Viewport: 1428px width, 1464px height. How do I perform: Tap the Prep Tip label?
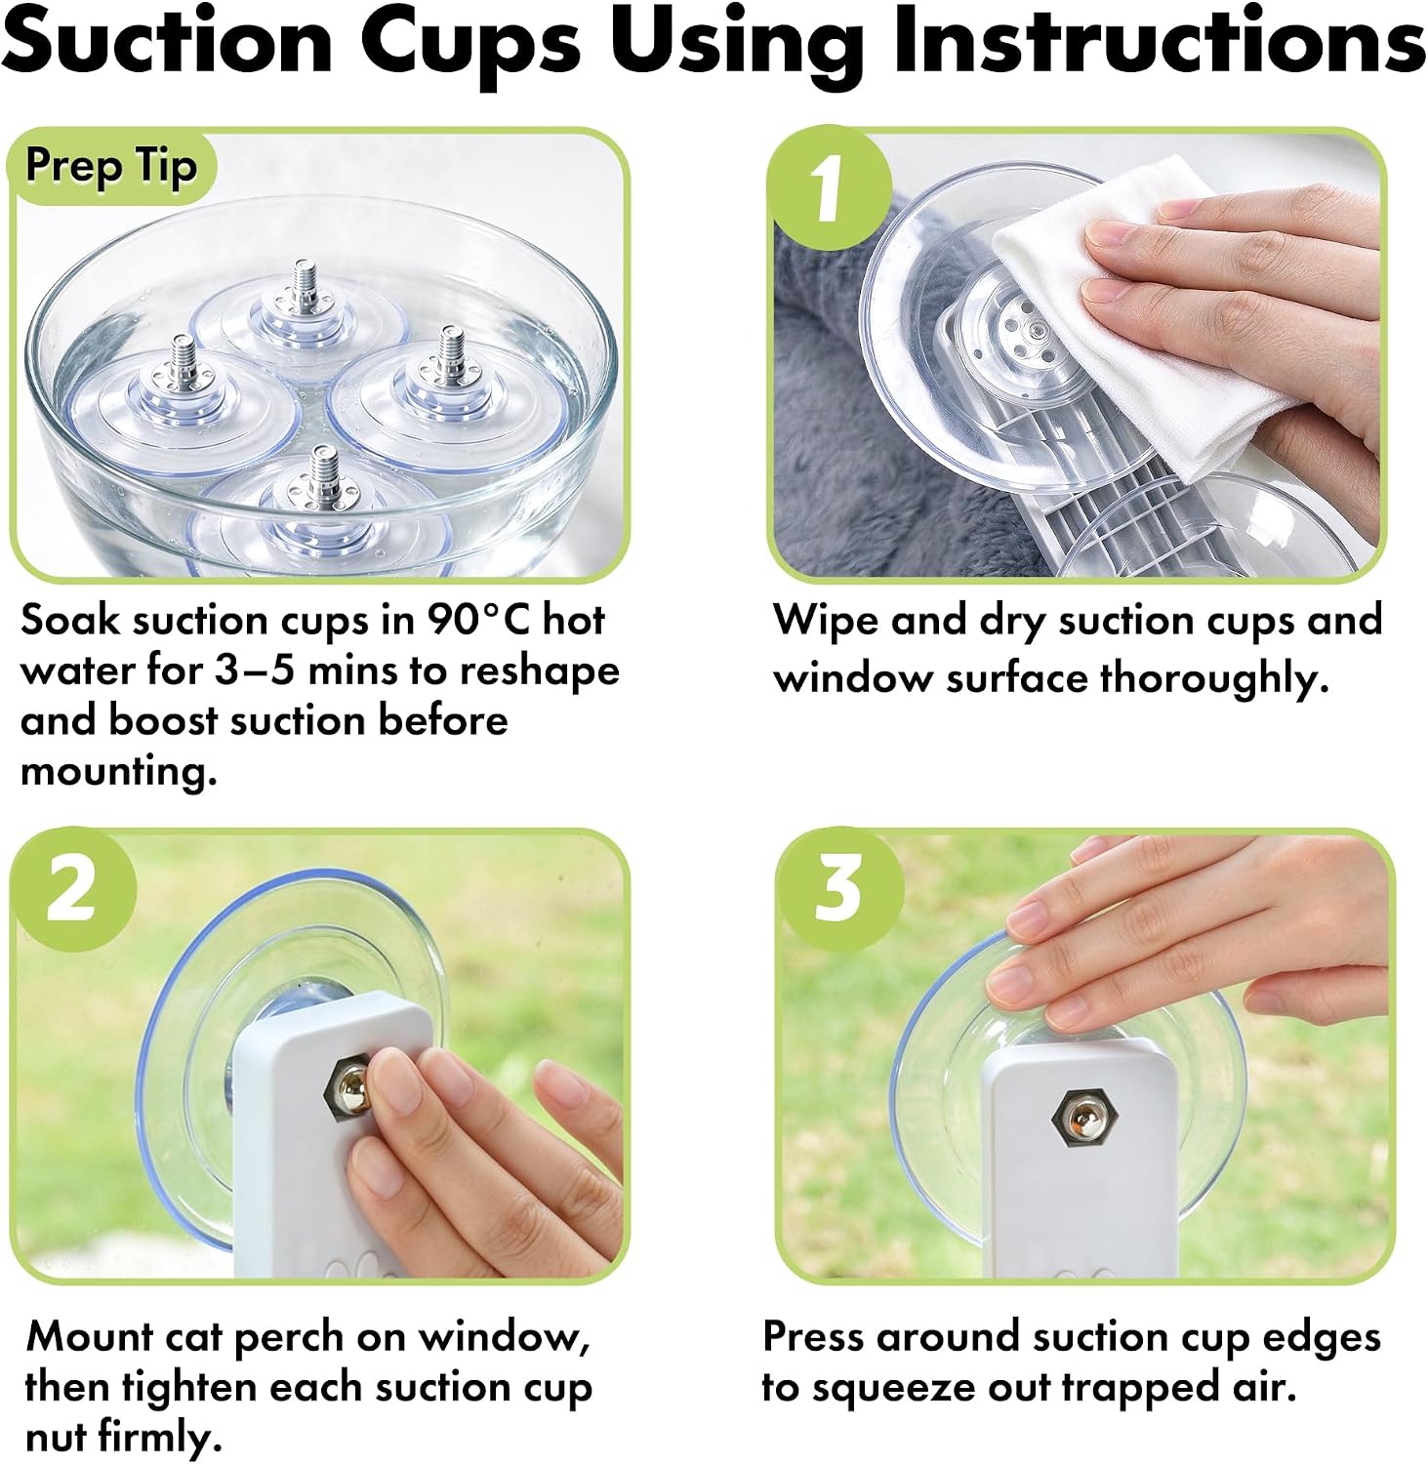point(111,166)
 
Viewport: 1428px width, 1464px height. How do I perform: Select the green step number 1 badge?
point(830,187)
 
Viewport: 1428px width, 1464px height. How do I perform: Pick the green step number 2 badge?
point(72,889)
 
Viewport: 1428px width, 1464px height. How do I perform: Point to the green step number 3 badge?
point(839,888)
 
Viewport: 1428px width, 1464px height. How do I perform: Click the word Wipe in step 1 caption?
point(825,621)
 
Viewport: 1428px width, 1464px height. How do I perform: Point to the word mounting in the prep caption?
point(119,772)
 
